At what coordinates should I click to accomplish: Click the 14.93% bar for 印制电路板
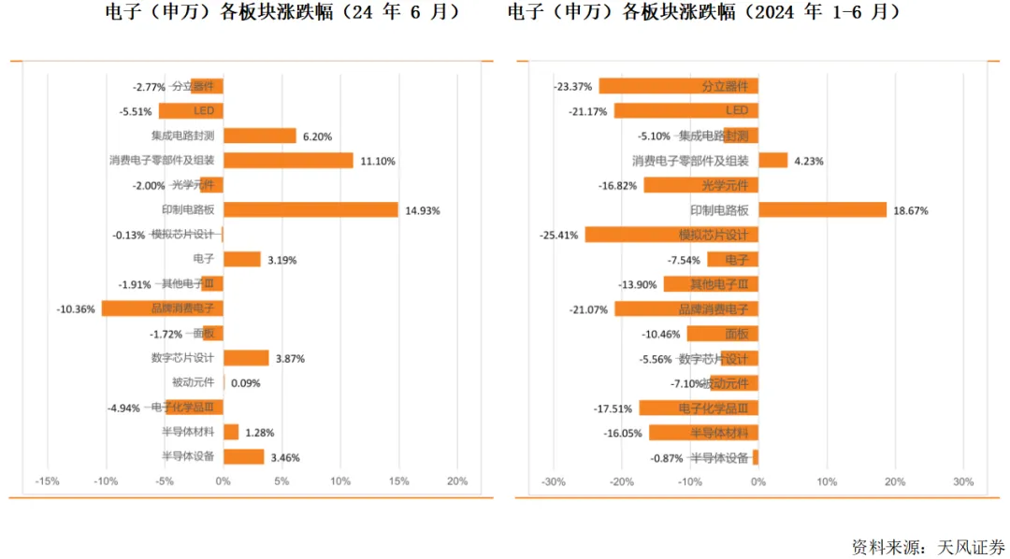tap(310, 210)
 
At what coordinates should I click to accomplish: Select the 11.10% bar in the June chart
tap(288, 161)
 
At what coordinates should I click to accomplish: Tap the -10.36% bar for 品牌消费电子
tap(162, 308)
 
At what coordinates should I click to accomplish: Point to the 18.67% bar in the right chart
tap(822, 210)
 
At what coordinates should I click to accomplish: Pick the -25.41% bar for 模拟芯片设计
tap(671, 235)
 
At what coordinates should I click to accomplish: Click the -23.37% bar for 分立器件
tap(678, 86)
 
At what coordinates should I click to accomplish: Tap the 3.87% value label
tap(290, 359)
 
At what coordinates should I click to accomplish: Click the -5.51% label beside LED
tap(136, 111)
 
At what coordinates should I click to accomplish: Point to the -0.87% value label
tap(667, 458)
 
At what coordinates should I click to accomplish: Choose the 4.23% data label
tap(809, 161)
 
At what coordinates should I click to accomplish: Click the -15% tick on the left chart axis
tap(47, 481)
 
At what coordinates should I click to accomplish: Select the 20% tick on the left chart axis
tap(457, 481)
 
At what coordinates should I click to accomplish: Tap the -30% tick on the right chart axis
tap(554, 481)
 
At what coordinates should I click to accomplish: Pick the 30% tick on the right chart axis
tap(963, 481)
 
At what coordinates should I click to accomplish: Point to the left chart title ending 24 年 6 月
tap(281, 12)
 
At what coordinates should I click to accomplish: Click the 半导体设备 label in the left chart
tap(188, 457)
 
